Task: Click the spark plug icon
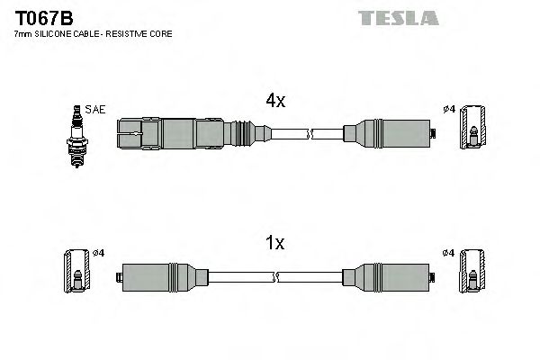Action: [x=76, y=136]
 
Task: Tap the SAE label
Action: [x=96, y=109]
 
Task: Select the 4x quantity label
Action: [x=275, y=102]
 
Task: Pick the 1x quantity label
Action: [x=275, y=243]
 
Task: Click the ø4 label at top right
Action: [x=451, y=110]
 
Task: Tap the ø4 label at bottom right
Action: [x=451, y=252]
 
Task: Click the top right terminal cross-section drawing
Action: [x=473, y=135]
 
